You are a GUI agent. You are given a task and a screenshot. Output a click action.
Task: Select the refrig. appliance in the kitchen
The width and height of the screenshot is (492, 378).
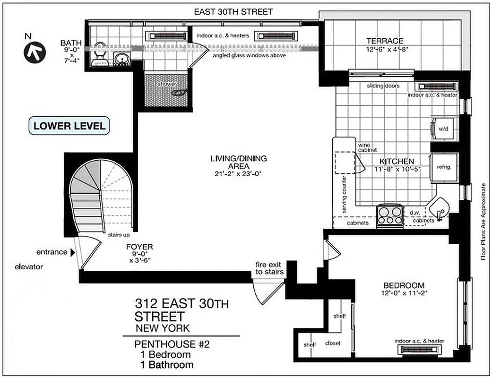tap(444, 167)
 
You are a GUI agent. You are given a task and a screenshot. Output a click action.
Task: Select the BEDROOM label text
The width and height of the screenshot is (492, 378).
tap(404, 285)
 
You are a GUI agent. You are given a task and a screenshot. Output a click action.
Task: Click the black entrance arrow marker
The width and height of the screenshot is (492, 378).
tap(72, 253)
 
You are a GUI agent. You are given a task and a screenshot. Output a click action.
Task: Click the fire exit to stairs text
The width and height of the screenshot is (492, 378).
tap(269, 268)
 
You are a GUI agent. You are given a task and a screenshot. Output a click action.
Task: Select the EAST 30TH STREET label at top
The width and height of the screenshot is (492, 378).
tap(233, 12)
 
